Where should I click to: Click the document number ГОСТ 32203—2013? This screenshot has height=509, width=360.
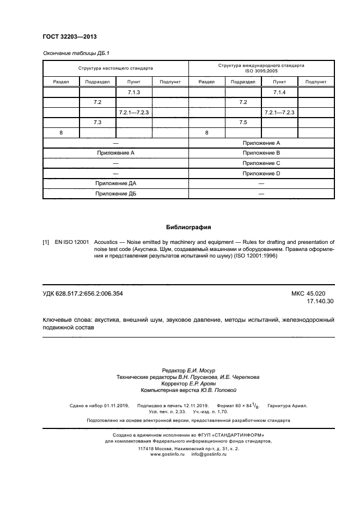(65, 36)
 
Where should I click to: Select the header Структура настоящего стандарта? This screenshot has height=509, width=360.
(115, 69)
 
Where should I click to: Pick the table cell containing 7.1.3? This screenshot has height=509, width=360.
(134, 92)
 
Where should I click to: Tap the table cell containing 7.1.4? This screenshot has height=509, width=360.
(279, 92)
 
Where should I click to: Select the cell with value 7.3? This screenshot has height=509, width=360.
(98, 122)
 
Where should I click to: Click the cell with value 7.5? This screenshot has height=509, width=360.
(243, 122)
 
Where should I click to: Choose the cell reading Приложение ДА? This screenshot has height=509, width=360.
(115, 183)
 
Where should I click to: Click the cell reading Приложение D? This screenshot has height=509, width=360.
(261, 173)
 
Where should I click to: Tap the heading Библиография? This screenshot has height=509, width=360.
(188, 227)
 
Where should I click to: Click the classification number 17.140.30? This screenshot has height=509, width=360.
(321, 301)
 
